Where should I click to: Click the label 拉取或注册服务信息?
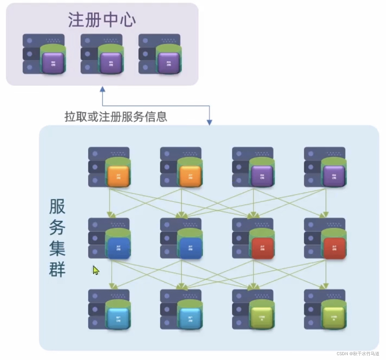pos(116,117)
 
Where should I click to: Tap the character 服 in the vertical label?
pos(57,206)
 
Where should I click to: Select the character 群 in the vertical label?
pos(57,269)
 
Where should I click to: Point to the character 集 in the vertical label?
pos(57,248)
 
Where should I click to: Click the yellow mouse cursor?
pos(96,270)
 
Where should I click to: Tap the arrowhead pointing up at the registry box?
pos(103,89)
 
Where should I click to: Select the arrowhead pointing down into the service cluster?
pos(210,122)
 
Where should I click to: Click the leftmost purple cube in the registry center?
pos(53,62)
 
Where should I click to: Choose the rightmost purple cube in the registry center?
pos(168,62)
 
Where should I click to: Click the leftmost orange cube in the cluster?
pos(118,176)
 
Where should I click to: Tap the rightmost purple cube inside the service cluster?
pos(334,176)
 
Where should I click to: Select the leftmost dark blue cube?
pos(118,247)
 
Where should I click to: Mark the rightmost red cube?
pos(334,247)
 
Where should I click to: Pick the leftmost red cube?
pos(262,247)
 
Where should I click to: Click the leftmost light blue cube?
pos(118,318)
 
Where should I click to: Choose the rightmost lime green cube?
pos(334,318)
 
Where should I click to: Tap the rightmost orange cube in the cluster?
pos(190,176)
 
